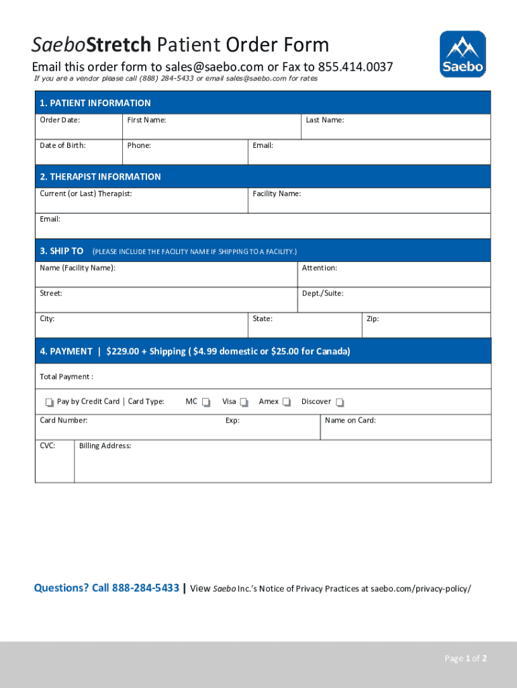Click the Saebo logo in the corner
(x=463, y=54)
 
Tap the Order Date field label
(x=60, y=120)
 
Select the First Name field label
(x=146, y=120)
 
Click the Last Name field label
(x=325, y=120)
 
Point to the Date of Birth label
(x=62, y=145)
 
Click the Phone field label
(x=139, y=145)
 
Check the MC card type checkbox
(x=206, y=402)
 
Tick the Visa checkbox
(x=244, y=402)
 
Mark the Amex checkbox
(x=287, y=402)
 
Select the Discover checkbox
(x=340, y=402)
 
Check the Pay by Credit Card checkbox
(x=49, y=402)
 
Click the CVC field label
(x=48, y=445)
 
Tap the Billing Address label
(x=105, y=445)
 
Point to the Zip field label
(x=373, y=318)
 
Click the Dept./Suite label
(x=323, y=294)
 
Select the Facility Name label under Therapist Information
(x=277, y=193)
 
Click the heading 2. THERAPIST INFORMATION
(x=100, y=177)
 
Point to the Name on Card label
(x=350, y=421)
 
